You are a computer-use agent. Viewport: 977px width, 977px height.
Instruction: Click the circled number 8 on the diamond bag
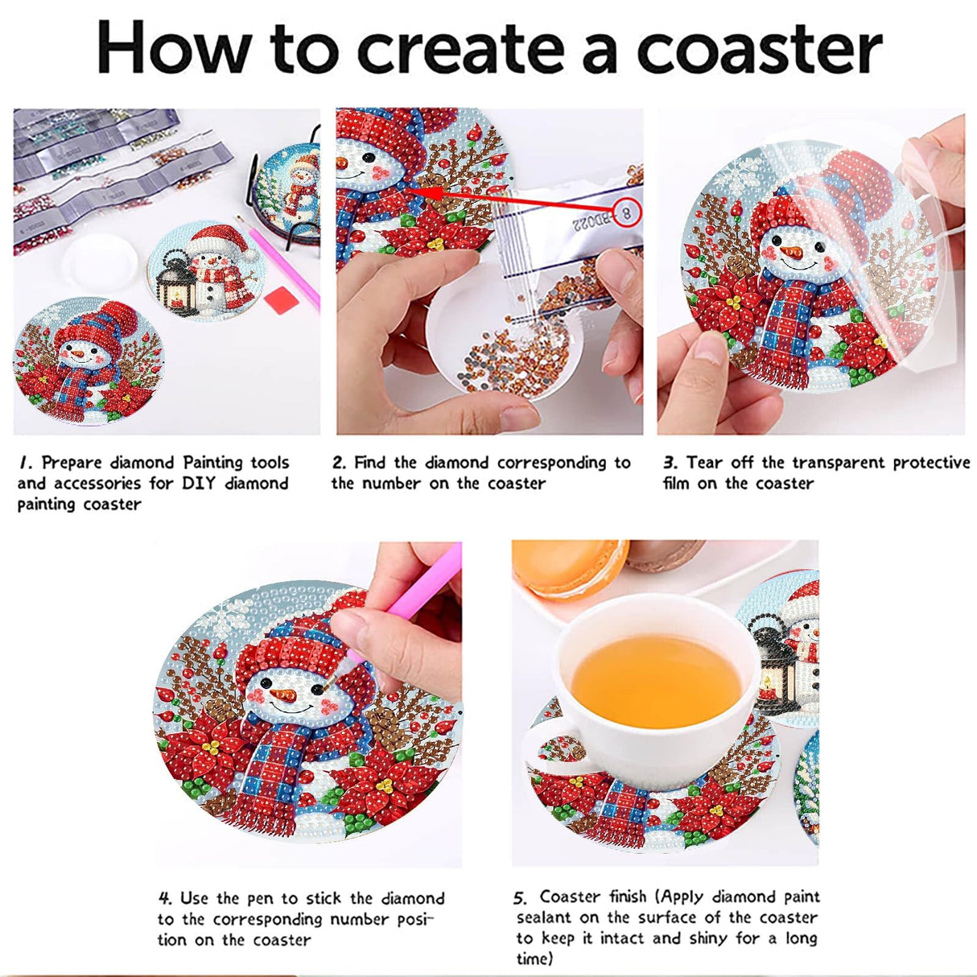tap(624, 211)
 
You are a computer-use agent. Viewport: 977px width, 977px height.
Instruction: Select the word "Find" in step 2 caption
tap(371, 463)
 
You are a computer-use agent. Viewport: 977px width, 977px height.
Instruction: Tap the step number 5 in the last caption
tap(521, 897)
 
